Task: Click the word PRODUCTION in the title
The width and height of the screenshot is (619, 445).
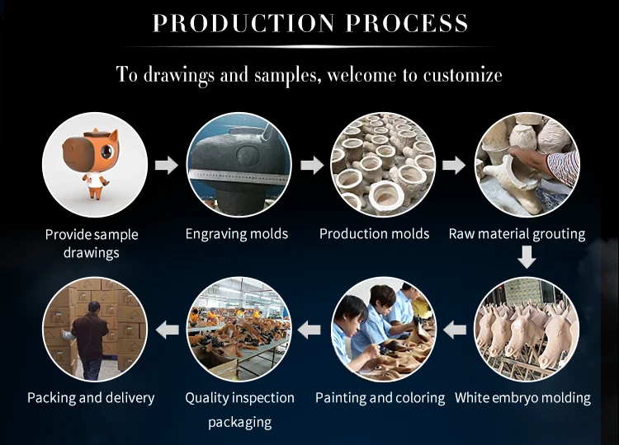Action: click(243, 22)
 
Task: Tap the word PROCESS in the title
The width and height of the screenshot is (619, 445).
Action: click(407, 22)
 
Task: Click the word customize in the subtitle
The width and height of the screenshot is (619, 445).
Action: click(463, 75)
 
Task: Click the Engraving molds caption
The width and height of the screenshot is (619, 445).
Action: click(237, 234)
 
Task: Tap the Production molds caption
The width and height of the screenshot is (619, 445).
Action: click(374, 234)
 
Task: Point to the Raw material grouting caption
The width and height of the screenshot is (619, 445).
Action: click(517, 234)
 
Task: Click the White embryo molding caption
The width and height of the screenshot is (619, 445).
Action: click(522, 398)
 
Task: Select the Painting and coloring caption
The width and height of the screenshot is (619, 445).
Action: click(380, 398)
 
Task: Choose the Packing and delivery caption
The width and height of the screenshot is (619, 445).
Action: click(91, 398)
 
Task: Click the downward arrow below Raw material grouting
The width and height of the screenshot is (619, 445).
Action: click(527, 257)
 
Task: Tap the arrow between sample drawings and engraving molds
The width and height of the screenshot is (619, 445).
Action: click(167, 165)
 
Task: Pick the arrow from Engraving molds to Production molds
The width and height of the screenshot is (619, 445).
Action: click(312, 165)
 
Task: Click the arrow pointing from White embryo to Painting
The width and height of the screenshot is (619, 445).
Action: click(455, 330)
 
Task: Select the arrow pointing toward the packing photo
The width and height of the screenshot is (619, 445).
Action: click(168, 330)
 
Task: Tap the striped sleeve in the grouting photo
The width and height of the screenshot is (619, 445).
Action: click(564, 166)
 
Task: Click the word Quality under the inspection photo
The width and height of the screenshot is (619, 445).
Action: click(208, 398)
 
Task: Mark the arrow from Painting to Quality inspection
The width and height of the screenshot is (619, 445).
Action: click(309, 330)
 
